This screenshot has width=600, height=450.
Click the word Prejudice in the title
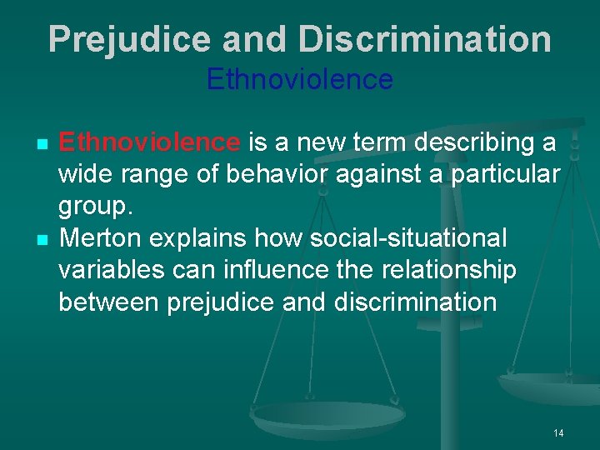pyautogui.click(x=117, y=39)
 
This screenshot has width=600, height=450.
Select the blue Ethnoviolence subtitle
pyautogui.click(x=299, y=80)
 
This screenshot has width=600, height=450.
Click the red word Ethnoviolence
pyautogui.click(x=149, y=142)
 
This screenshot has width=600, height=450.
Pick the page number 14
pyautogui.click(x=557, y=432)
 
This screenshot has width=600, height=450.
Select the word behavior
pyautogui.click(x=267, y=174)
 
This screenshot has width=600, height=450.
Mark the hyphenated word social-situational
pyautogui.click(x=407, y=238)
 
